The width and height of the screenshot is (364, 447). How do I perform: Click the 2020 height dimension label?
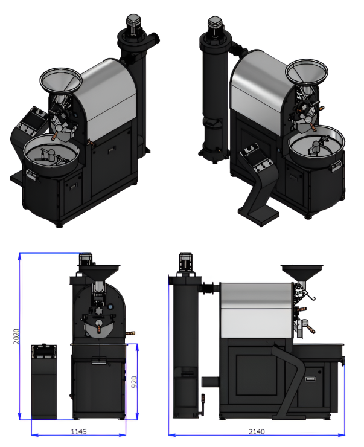click(x=16, y=336)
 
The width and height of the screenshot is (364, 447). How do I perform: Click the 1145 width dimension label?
click(x=78, y=432)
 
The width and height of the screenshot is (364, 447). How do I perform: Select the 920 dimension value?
click(x=134, y=382)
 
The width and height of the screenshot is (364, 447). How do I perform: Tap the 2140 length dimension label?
click(x=257, y=432)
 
